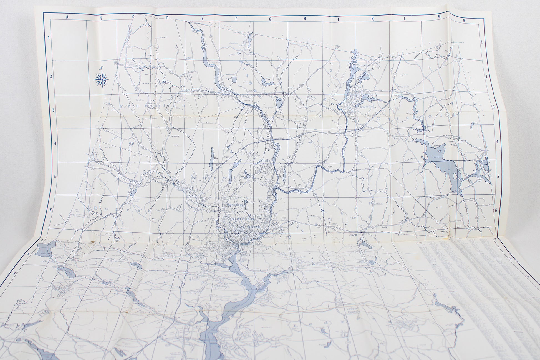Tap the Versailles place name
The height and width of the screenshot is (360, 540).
coord(269,107)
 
